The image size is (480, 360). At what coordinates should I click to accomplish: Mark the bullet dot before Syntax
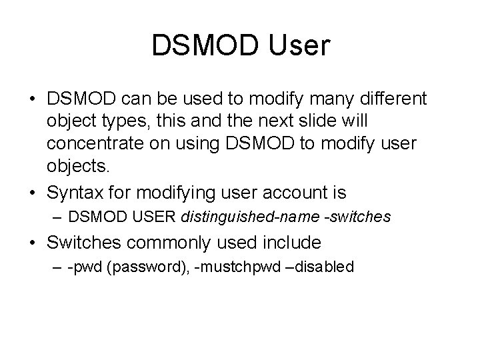click(33, 194)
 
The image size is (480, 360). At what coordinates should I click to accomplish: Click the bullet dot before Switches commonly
click(33, 241)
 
